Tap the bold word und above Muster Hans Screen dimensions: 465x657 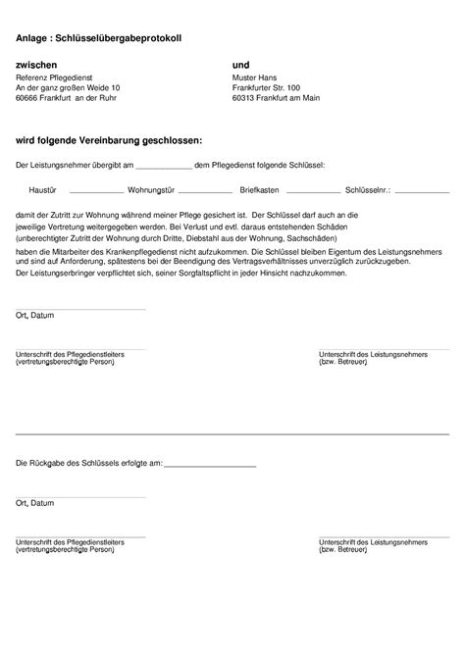coord(241,63)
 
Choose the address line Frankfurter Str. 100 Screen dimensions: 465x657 coord(267,87)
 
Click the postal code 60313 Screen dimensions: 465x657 coord(244,98)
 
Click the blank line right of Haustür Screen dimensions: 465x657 coord(96,192)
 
